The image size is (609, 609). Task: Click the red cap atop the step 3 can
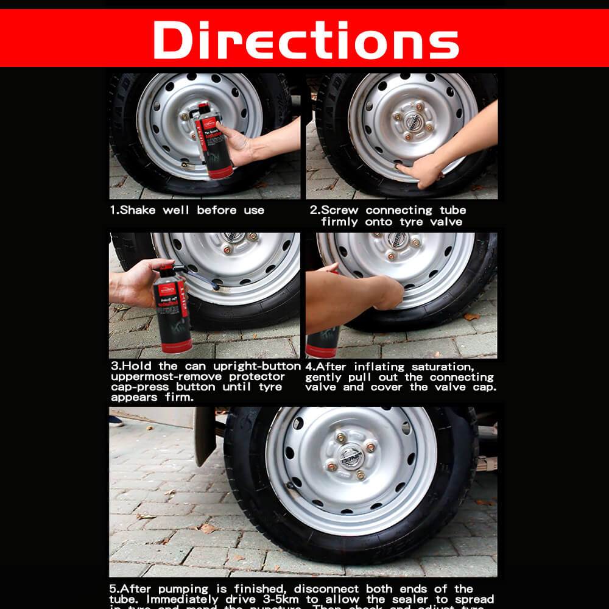click(x=165, y=268)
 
